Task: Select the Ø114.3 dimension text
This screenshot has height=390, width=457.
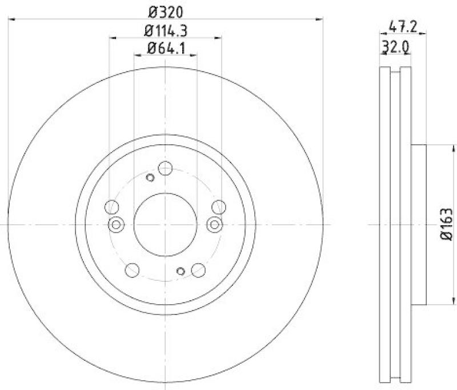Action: click(166, 30)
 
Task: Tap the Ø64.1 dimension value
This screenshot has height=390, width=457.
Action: click(166, 49)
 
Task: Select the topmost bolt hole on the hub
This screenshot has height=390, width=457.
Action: click(165, 168)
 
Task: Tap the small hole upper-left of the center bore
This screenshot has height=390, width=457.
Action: click(150, 177)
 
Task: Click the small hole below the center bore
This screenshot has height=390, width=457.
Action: click(181, 271)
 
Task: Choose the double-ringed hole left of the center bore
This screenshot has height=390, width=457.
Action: click(116, 224)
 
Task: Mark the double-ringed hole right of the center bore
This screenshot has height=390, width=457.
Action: click(215, 224)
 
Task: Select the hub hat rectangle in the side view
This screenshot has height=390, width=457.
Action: click(418, 224)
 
